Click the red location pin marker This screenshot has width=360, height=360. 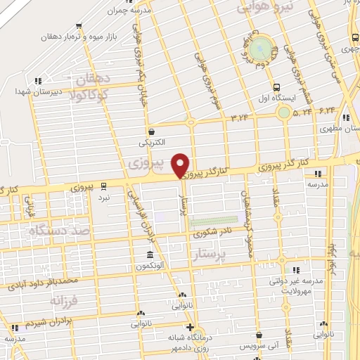(181, 165)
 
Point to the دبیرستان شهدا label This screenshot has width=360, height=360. (35, 91)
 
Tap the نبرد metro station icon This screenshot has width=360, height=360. (104, 186)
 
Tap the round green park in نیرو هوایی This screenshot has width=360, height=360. (259, 49)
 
